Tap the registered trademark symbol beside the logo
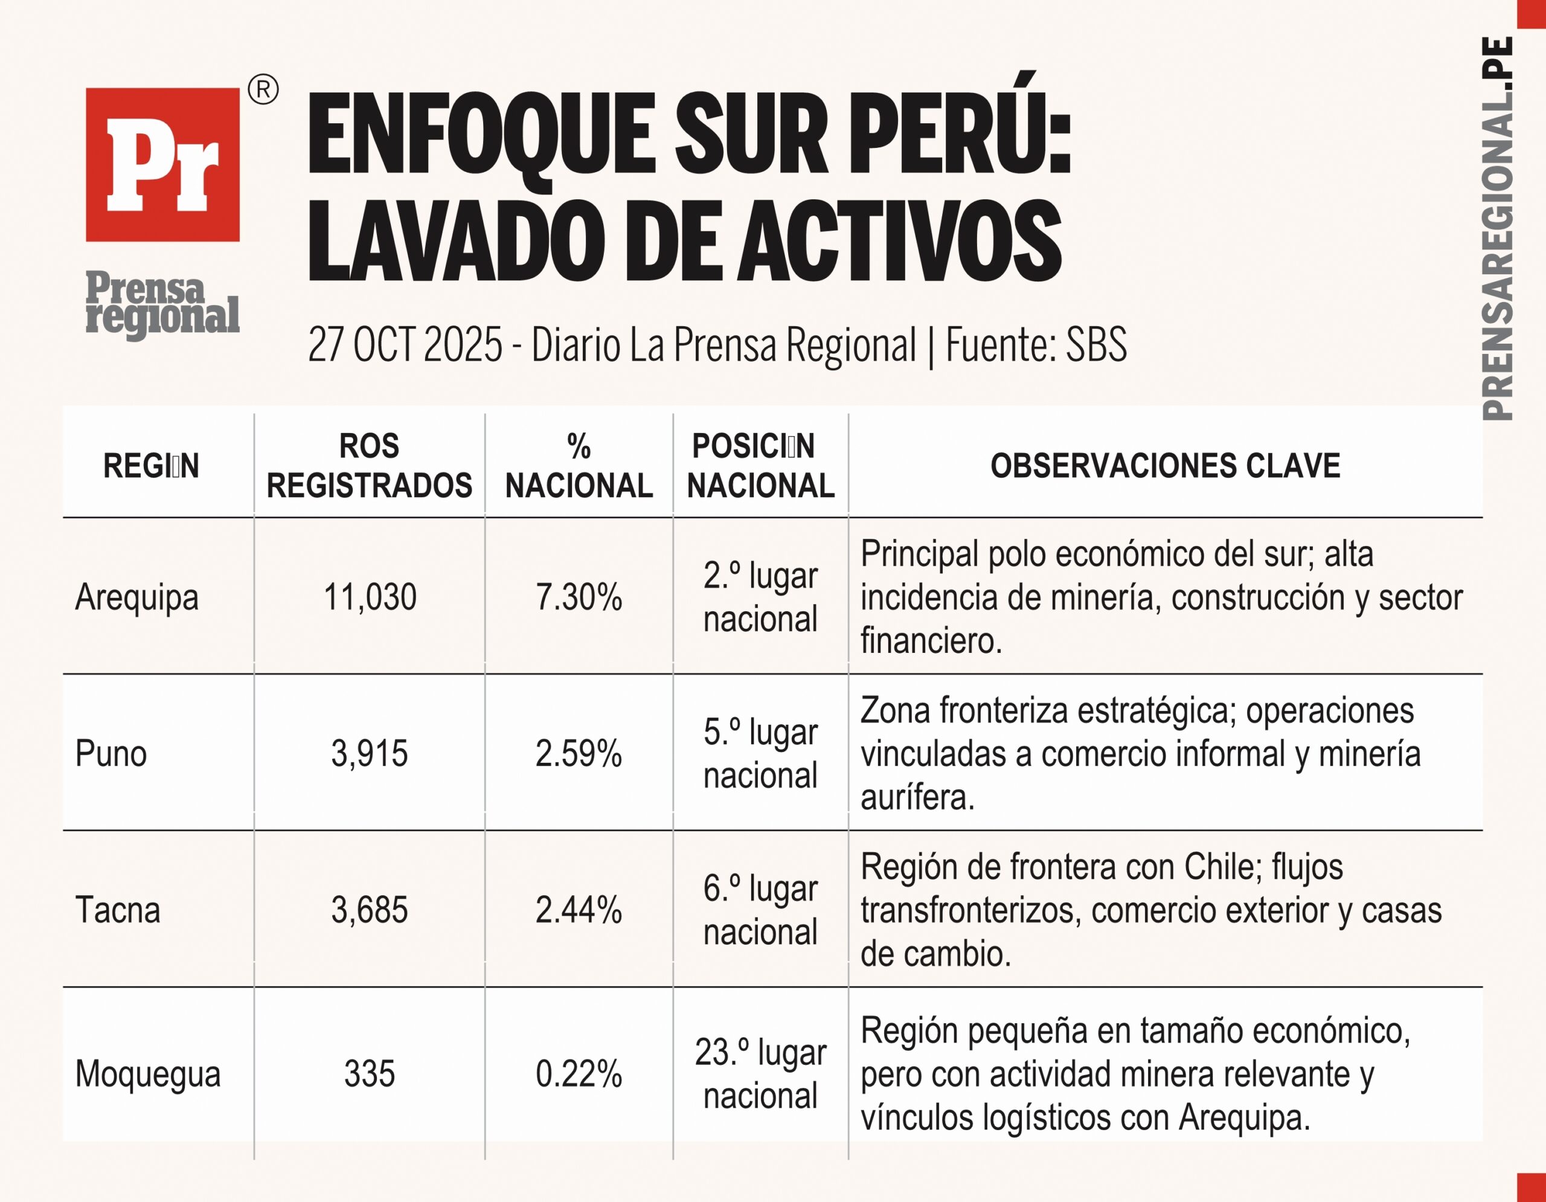[x=263, y=91]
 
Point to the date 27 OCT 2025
[x=405, y=345]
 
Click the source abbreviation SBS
[x=1096, y=345]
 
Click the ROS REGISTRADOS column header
[x=369, y=466]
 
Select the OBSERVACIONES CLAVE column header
[x=1164, y=466]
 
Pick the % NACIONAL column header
[x=579, y=466]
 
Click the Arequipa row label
[x=136, y=597]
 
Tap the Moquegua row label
[x=148, y=1074]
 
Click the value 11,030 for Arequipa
[x=370, y=597]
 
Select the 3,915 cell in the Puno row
[x=370, y=753]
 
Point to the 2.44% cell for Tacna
[x=579, y=910]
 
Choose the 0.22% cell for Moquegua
[x=579, y=1074]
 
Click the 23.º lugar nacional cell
[x=760, y=1074]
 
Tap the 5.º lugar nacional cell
[x=760, y=753]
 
